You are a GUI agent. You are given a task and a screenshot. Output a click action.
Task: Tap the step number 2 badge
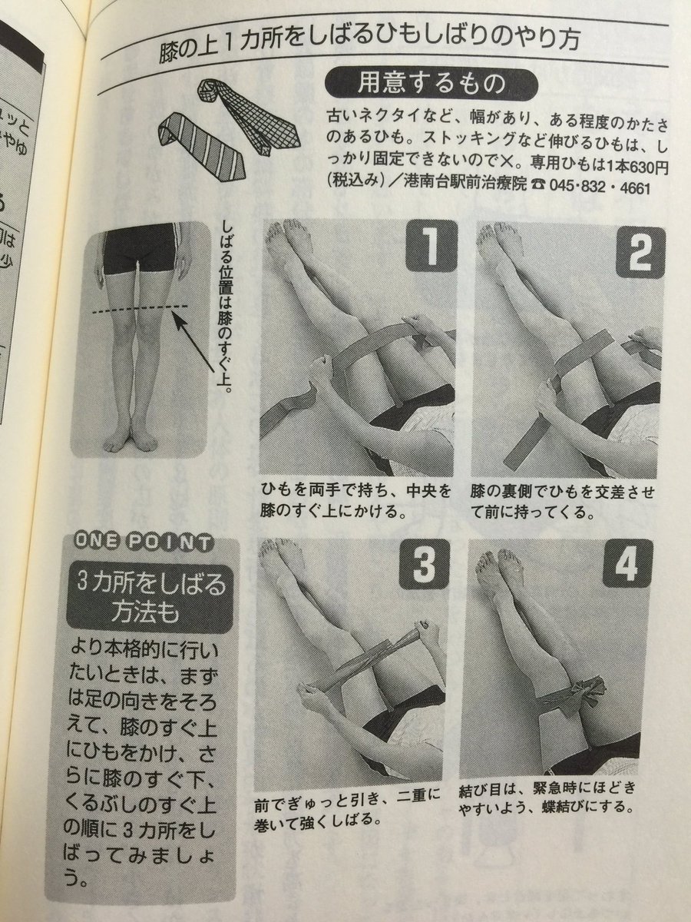click(639, 252)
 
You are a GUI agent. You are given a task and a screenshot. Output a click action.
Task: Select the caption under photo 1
click(355, 500)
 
